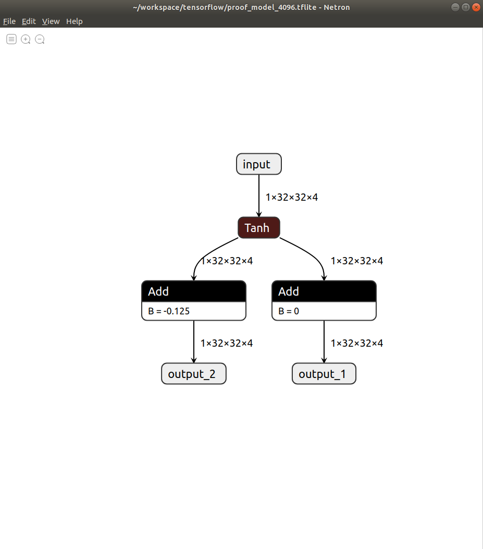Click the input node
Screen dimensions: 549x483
(258, 164)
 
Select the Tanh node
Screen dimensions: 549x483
(258, 228)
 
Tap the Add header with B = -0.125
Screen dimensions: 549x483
(193, 291)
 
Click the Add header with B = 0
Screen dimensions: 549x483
(324, 291)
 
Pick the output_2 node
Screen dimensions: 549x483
(193, 374)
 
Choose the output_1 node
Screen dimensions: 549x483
(324, 374)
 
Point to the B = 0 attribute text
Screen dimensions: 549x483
(289, 311)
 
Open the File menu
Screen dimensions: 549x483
(9, 21)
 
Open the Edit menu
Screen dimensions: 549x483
(29, 21)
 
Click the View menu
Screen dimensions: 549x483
(51, 21)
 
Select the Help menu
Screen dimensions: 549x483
(74, 21)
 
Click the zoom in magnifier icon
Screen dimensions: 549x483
(26, 39)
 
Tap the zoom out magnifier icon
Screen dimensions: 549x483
(40, 39)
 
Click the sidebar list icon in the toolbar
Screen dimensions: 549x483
(11, 39)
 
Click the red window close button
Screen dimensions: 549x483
(475, 7)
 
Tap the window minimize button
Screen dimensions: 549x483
(455, 7)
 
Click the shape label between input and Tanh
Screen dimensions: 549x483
(291, 198)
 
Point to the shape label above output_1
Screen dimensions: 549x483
(356, 343)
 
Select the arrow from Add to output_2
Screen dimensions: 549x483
(194, 341)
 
